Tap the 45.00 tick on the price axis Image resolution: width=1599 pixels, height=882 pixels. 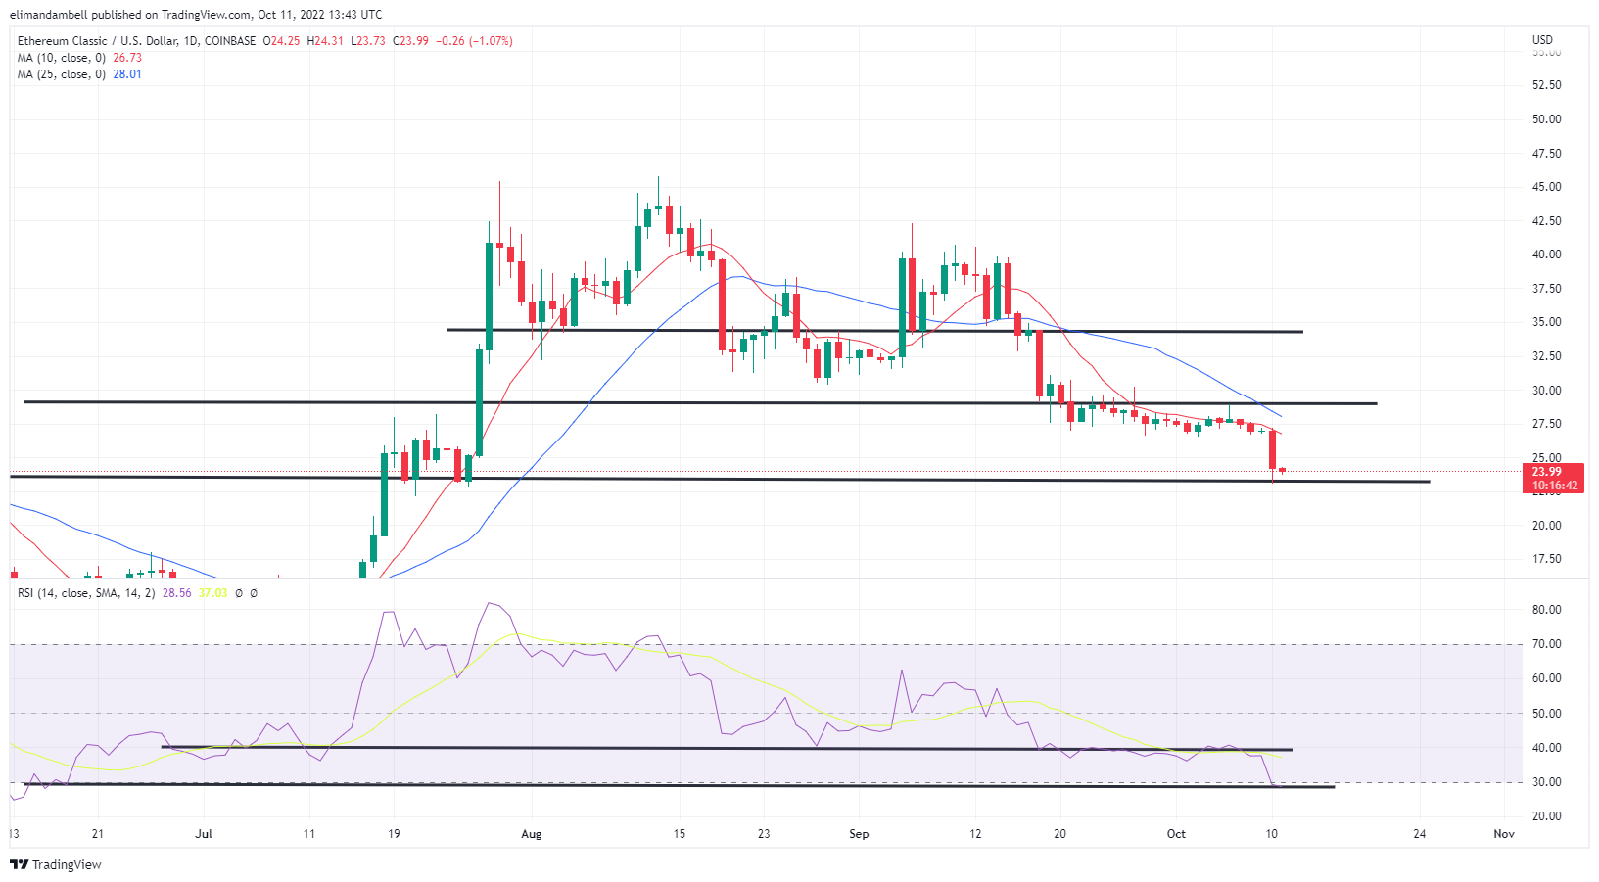[x=1546, y=187]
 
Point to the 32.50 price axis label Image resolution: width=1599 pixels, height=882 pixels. [x=1546, y=356]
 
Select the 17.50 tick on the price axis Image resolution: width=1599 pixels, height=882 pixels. [x=1546, y=559]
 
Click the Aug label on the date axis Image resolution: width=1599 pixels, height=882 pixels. [x=531, y=834]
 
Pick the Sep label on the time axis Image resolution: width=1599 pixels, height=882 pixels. [x=859, y=834]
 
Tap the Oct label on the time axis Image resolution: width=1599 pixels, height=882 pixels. [x=1176, y=834]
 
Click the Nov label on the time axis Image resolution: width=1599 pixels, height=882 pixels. [x=1504, y=834]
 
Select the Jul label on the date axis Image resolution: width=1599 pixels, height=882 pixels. [x=204, y=834]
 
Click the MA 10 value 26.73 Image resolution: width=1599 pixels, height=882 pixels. [x=127, y=58]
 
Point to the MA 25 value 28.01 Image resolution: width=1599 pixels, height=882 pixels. [x=127, y=74]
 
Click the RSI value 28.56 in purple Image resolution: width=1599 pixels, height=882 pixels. [x=177, y=593]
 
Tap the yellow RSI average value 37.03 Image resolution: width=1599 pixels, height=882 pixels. [x=212, y=593]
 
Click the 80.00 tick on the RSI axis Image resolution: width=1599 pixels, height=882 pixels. [x=1546, y=610]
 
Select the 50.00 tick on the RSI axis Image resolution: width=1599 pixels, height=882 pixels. [x=1546, y=714]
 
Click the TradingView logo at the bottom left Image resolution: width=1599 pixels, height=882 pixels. [x=56, y=864]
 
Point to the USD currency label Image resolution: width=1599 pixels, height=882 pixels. [x=1542, y=40]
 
